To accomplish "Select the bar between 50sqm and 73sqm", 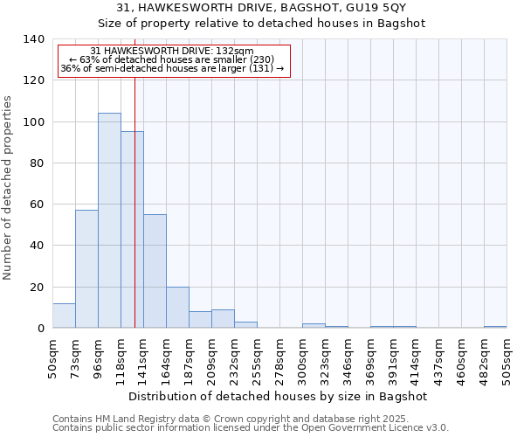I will click(x=64, y=316).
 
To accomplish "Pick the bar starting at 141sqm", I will click(x=155, y=271).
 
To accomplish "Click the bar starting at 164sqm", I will click(x=177, y=308).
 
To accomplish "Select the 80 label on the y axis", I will click(x=36, y=163).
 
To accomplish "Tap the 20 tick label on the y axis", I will click(x=36, y=288).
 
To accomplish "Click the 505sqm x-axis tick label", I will click(x=507, y=357).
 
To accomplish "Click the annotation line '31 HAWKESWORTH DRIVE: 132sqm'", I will click(x=172, y=52).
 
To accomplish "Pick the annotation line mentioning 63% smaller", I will click(x=172, y=60).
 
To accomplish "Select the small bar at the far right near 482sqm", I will click(x=495, y=326).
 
